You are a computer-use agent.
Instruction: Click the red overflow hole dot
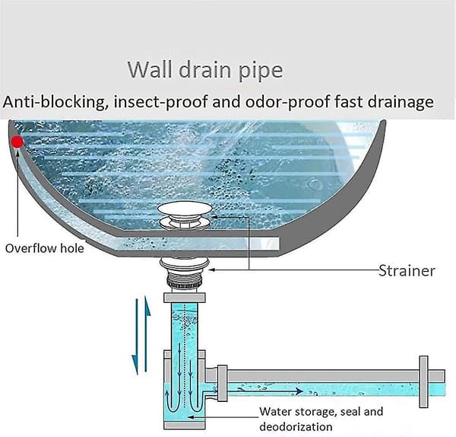(17, 142)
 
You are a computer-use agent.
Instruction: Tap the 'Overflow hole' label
(45, 248)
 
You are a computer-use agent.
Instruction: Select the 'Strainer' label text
(407, 270)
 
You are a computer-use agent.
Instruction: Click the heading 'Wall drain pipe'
(205, 70)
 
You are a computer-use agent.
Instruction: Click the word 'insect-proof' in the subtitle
(161, 102)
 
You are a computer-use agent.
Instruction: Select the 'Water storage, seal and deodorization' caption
(321, 419)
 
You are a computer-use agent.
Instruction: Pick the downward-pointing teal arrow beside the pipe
(135, 337)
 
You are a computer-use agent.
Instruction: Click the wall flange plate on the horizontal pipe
(423, 381)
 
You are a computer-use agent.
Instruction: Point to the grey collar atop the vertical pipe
(185, 298)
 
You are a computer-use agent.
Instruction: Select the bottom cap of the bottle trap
(185, 425)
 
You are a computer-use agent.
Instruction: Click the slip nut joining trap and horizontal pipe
(223, 383)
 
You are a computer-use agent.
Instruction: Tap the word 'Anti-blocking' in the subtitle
(55, 102)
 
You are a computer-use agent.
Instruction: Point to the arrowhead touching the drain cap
(214, 217)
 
